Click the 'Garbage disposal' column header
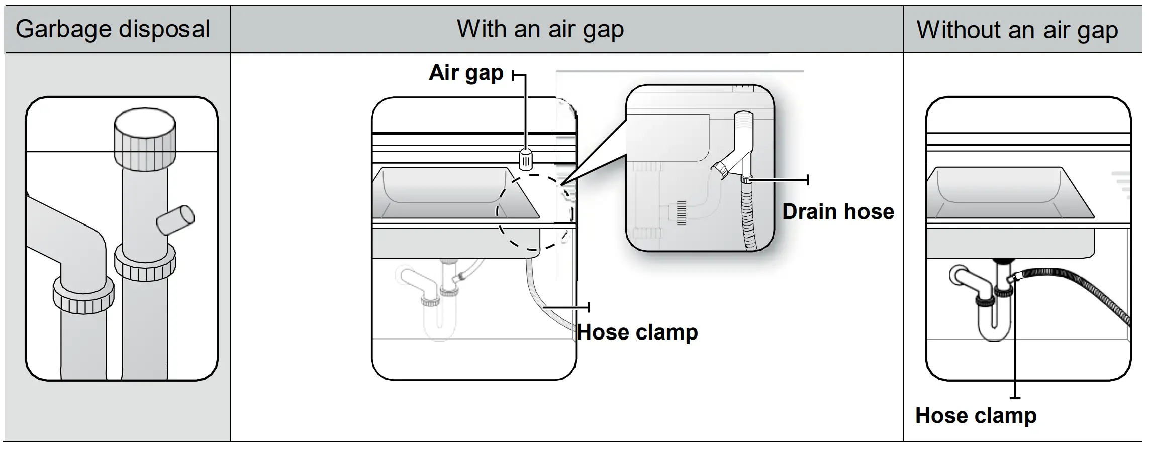(113, 29)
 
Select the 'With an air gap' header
(540, 29)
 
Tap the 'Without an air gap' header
(1017, 30)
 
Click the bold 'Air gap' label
(466, 73)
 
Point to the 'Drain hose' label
(838, 212)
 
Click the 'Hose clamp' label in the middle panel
(637, 332)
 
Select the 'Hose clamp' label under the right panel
(976, 416)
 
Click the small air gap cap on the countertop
(525, 160)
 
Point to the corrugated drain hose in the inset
(748, 216)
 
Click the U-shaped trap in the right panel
(994, 321)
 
